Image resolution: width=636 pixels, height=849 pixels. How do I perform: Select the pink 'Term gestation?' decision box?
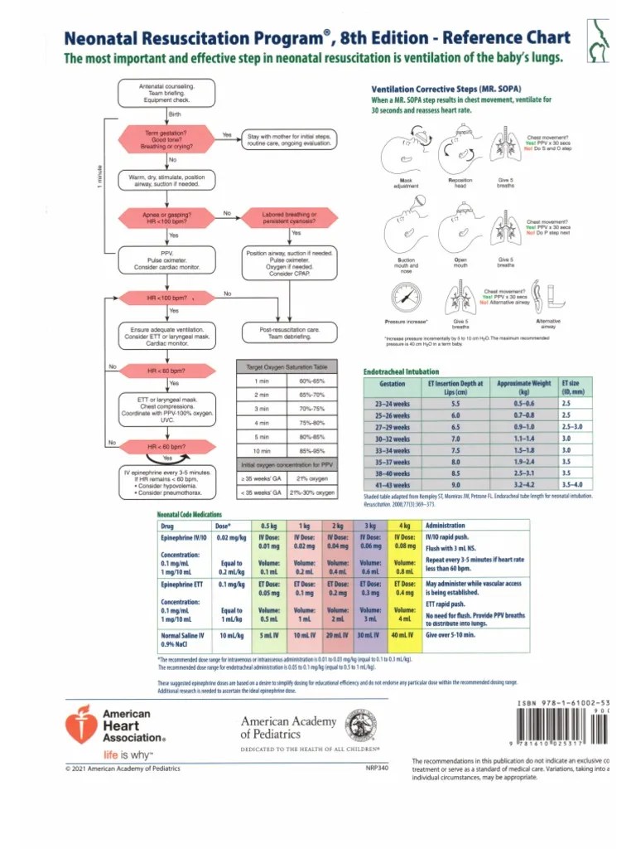166,138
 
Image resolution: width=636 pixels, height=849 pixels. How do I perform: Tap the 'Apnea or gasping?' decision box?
166,218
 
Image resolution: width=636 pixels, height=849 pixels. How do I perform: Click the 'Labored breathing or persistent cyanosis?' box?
289,218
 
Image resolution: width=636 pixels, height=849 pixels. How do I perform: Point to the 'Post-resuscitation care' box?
289,333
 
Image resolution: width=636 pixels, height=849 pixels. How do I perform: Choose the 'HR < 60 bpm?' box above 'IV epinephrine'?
166,447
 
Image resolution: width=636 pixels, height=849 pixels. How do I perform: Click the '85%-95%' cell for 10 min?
301,451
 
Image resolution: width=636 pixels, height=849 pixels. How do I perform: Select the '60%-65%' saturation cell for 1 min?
301,381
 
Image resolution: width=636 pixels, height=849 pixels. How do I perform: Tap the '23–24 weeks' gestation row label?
392,402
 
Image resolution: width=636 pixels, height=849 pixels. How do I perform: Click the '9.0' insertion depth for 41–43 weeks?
455,484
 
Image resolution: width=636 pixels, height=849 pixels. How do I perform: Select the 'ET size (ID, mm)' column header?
572,386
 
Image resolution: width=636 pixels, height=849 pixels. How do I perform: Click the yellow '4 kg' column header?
405,526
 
